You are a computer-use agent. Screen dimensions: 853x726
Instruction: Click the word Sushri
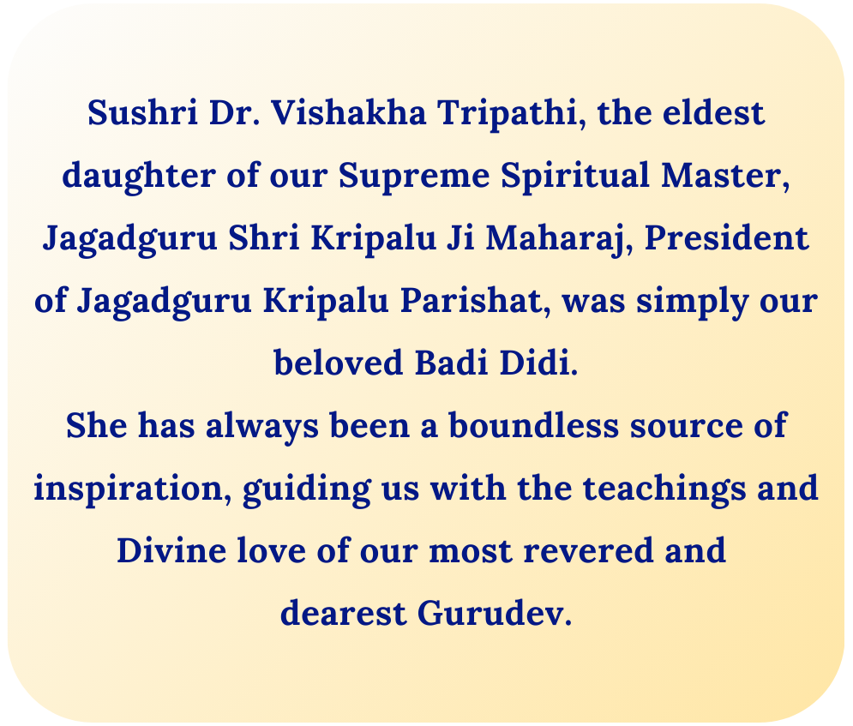pos(142,112)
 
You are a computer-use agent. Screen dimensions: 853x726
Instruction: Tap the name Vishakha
pos(349,112)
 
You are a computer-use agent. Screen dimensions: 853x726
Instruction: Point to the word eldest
pos(714,112)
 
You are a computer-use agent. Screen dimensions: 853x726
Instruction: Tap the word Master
pos(721,175)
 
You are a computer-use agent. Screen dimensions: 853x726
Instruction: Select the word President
pos(727,237)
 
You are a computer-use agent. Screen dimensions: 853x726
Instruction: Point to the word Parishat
pos(472,300)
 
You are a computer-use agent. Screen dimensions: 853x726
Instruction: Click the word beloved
pos(339,363)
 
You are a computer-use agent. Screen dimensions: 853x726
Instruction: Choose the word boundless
pos(534,425)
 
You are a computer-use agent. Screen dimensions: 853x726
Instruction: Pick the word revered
pos(588,550)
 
